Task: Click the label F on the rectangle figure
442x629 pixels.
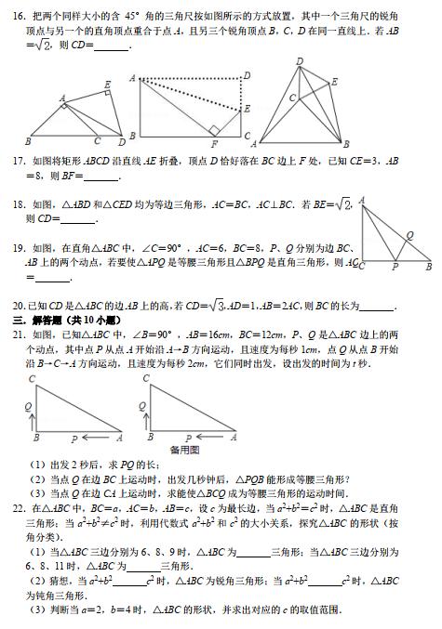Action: pyautogui.click(x=214, y=144)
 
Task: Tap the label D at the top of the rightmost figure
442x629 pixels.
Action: pyautogui.click(x=300, y=61)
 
